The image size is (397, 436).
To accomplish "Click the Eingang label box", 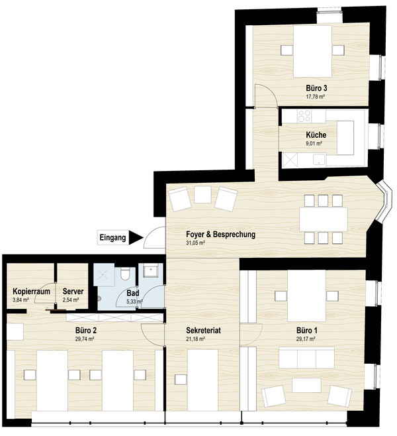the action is (112, 237).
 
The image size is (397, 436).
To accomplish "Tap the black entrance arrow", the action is (136, 237).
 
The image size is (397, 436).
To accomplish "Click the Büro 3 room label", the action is (316, 88).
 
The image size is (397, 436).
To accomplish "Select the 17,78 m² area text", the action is (315, 97).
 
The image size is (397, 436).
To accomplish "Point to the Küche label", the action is (316, 135).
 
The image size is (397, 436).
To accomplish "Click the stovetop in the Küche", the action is (304, 116).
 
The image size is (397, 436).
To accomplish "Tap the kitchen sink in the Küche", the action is (320, 159).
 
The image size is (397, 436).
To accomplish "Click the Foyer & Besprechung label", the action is (220, 234).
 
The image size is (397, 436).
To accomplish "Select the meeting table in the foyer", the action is (324, 219).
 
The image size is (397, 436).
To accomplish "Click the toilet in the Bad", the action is (124, 274).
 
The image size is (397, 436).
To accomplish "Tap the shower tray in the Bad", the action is (104, 275).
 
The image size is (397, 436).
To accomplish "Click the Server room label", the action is (73, 292).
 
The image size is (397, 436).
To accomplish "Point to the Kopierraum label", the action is (31, 292).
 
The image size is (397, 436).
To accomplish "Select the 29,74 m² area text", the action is (85, 339).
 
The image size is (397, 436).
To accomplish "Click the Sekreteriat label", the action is (204, 331).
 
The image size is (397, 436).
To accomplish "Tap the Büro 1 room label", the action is (307, 331).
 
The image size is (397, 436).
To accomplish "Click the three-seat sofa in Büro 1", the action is (306, 358).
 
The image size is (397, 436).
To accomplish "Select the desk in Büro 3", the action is (312, 51).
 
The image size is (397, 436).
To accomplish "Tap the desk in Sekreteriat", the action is (202, 380).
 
